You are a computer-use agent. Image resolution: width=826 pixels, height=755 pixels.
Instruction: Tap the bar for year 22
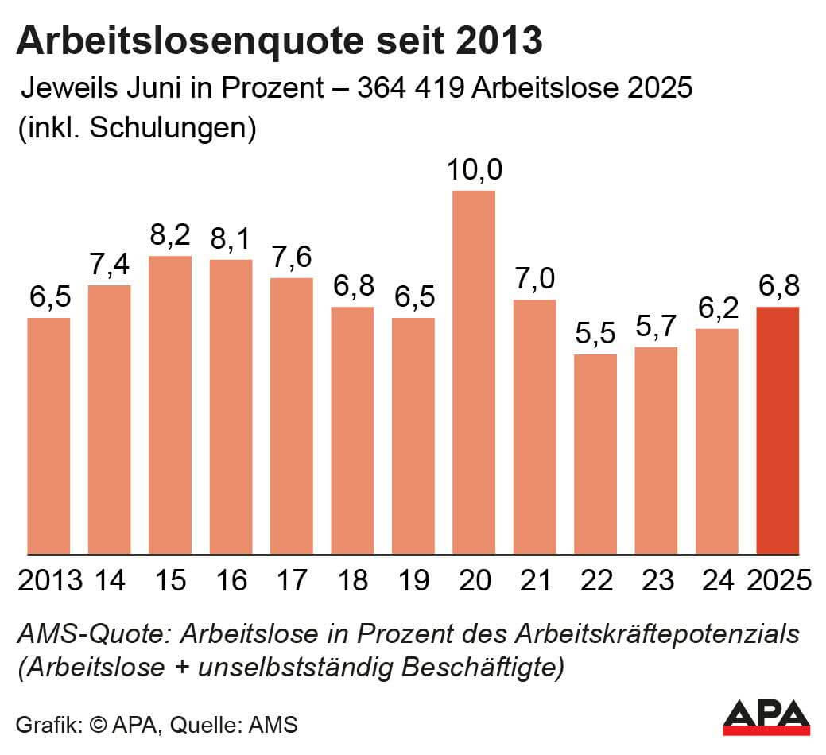(595, 454)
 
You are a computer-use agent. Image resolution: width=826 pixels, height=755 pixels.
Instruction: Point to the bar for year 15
(170, 405)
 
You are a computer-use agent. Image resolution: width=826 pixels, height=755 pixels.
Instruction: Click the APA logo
(766, 716)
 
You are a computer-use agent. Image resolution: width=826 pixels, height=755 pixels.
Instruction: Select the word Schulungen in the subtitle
(170, 128)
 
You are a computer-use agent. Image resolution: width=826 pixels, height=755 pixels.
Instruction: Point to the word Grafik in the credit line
(46, 725)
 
